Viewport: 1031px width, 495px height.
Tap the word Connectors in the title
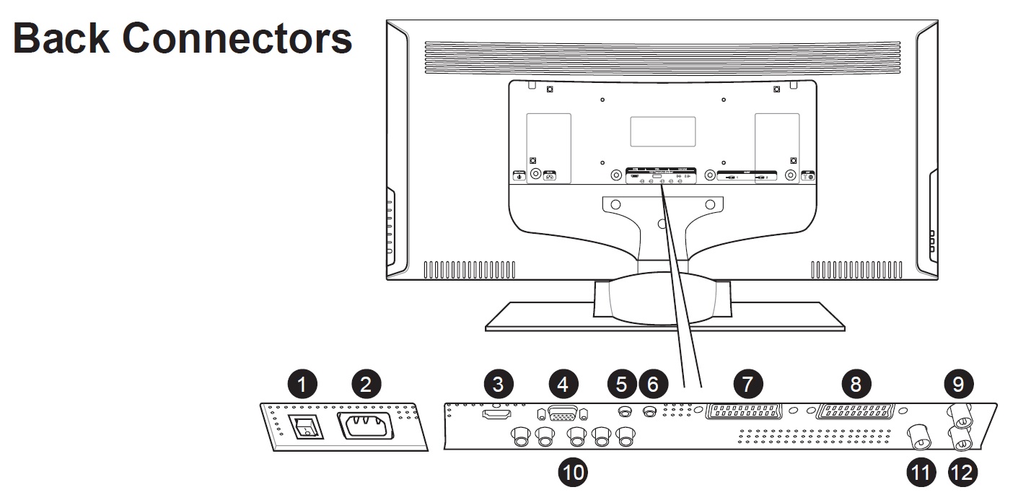(237, 39)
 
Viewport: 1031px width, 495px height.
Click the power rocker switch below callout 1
(305, 427)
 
